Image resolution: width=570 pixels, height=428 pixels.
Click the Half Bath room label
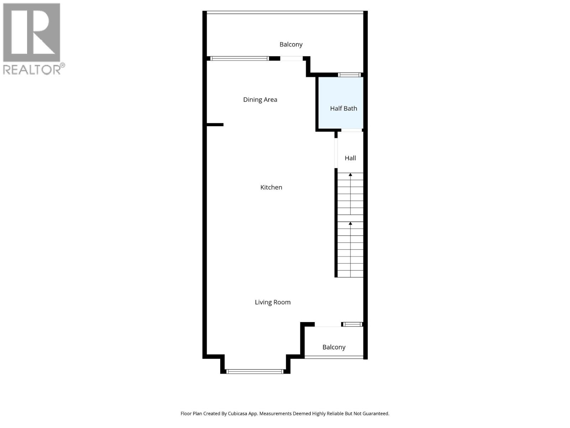pos(343,108)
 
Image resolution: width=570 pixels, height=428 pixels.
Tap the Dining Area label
pos(260,100)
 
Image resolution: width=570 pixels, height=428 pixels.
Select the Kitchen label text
pos(271,187)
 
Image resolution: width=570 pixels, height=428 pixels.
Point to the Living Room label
pos(273,302)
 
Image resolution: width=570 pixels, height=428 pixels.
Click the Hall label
pos(350,158)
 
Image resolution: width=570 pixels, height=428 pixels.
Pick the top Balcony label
pos(291,44)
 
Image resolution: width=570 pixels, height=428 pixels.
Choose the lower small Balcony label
pos(334,347)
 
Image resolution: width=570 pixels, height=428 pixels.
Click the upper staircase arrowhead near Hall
pos(350,175)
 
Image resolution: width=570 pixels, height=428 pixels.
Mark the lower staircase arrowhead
pos(350,224)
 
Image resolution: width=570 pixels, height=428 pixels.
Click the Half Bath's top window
pos(349,75)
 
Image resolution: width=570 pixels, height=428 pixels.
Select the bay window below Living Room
pos(255,372)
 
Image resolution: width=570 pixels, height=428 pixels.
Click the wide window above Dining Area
pos(239,58)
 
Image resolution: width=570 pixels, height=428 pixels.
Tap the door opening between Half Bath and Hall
pos(352,130)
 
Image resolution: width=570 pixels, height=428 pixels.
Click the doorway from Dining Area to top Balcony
pos(291,58)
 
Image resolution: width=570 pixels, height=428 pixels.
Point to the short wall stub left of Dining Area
pos(215,124)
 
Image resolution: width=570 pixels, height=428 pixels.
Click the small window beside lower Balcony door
pos(352,324)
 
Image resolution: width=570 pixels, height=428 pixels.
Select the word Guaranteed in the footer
pos(375,414)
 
